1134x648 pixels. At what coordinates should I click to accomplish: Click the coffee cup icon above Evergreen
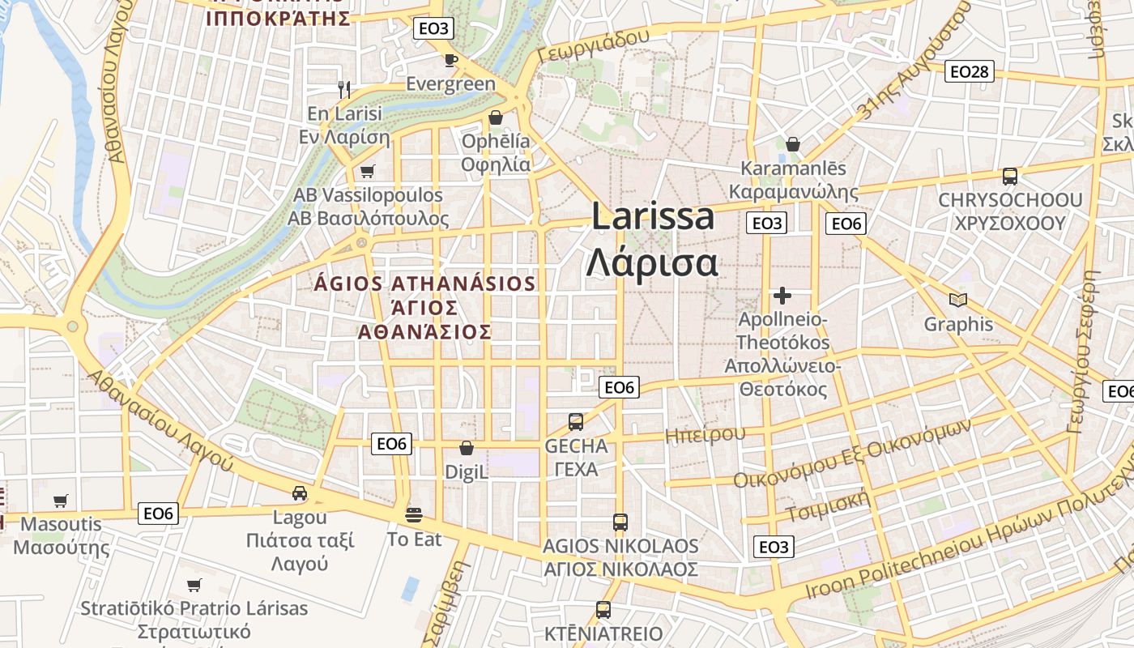[x=451, y=60]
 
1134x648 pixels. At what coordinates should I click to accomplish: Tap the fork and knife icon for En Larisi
[x=344, y=89]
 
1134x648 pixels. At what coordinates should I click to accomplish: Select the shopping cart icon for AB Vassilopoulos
[x=368, y=171]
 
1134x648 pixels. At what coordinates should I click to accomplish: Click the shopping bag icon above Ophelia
[x=496, y=118]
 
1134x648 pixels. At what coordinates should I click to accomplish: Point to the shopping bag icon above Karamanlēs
[x=793, y=144]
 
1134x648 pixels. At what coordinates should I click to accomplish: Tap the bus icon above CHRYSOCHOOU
[x=1010, y=176]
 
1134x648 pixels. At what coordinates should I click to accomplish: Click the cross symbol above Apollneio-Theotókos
[x=782, y=295]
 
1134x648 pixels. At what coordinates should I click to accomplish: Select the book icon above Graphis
[x=958, y=301]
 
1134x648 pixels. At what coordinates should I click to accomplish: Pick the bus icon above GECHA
[x=576, y=421]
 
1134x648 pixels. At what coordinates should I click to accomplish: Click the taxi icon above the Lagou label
[x=300, y=492]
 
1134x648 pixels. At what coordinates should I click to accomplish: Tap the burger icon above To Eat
[x=414, y=514]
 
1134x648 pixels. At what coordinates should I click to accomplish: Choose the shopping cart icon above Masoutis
[x=61, y=501]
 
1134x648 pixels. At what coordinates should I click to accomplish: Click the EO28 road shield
[x=969, y=71]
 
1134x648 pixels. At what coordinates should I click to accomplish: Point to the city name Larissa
[x=653, y=217]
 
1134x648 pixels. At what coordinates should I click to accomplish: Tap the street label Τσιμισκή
[x=827, y=504]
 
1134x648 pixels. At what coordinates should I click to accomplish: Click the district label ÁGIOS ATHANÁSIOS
[x=424, y=284]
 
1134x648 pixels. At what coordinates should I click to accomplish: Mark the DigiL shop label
[x=467, y=471]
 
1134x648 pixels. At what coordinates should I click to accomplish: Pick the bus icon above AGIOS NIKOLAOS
[x=620, y=522]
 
